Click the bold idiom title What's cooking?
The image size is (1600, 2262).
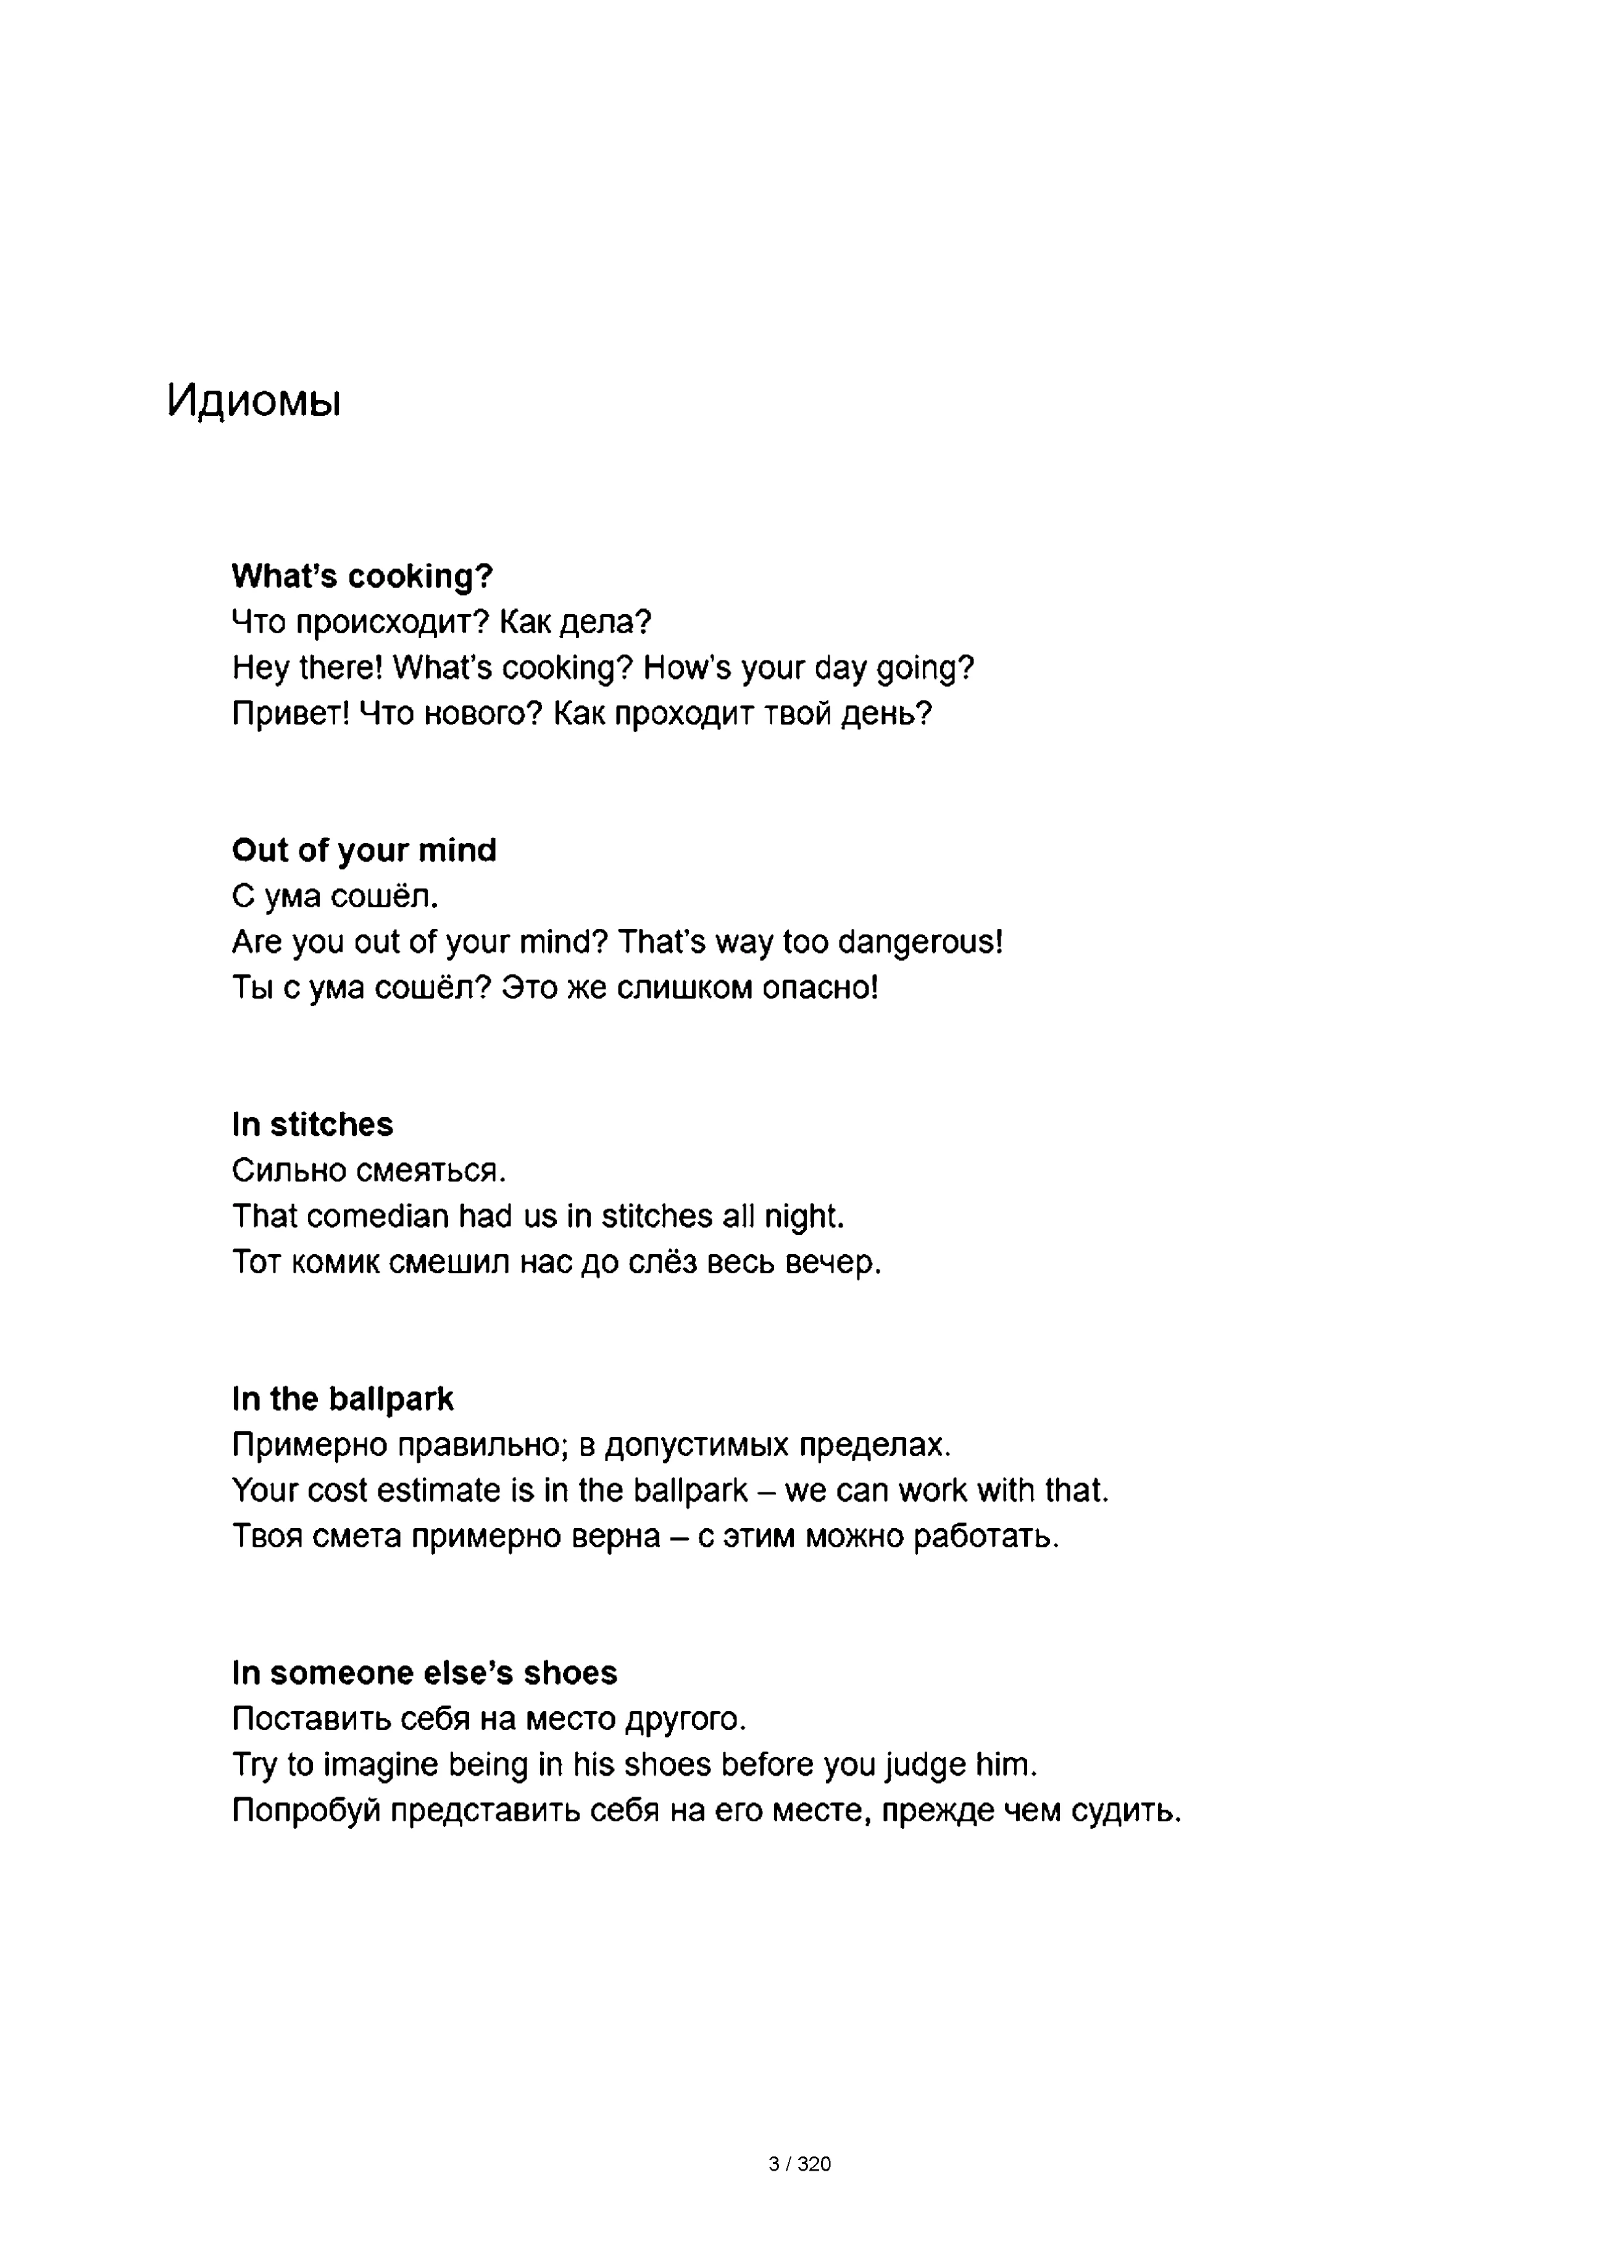[x=362, y=576]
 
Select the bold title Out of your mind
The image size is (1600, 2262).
[x=364, y=850]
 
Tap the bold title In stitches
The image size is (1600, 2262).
[x=312, y=1124]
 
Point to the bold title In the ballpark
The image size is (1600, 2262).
[x=342, y=1399]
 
